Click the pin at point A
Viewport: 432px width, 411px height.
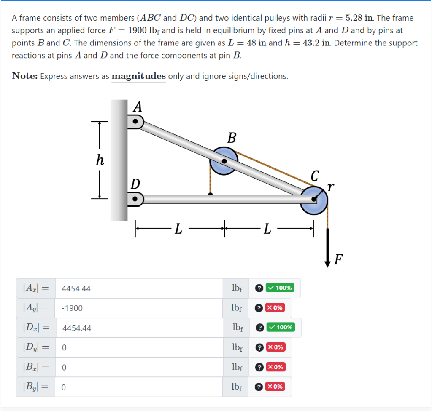[x=135, y=122]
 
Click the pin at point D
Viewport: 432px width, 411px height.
[x=135, y=198]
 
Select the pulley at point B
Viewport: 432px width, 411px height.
[x=224, y=160]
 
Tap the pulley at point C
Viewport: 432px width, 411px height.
[x=314, y=200]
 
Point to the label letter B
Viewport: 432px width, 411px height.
[x=232, y=138]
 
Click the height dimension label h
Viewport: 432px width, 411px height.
[x=100, y=160]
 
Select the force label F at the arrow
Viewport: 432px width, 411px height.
[x=338, y=260]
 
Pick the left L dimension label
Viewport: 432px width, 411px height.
[x=178, y=230]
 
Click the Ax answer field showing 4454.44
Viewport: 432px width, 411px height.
[x=139, y=288]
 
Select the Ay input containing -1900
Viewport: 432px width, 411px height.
[x=139, y=308]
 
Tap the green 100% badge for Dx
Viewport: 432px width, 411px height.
[x=280, y=327]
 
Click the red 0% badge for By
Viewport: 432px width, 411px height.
[x=275, y=386]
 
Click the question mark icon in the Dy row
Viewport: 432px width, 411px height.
[x=259, y=347]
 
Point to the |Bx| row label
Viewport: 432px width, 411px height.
[x=35, y=367]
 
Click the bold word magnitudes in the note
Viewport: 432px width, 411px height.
[x=138, y=76]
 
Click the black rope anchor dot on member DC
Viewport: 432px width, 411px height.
[x=210, y=194]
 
